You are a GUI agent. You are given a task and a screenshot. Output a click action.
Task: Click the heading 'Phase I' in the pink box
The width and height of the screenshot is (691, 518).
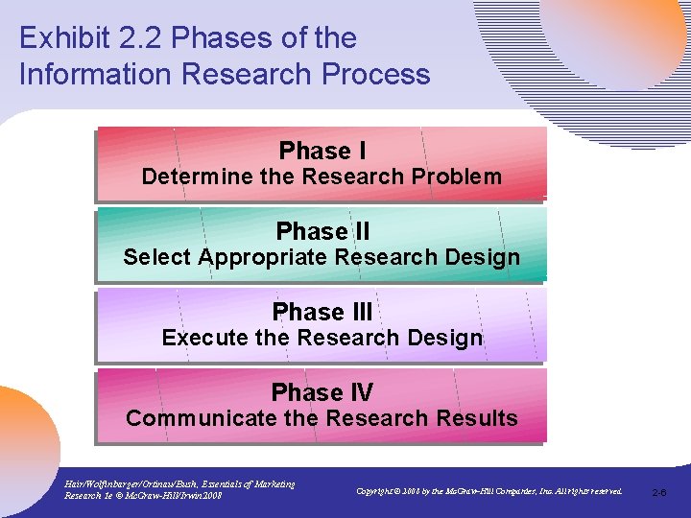click(322, 152)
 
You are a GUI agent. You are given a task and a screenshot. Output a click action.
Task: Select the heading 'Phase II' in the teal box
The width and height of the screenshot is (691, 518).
click(322, 232)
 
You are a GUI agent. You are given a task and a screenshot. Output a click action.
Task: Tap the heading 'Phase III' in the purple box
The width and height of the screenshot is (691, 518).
click(322, 313)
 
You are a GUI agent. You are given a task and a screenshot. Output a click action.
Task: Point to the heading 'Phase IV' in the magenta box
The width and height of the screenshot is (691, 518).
click(322, 393)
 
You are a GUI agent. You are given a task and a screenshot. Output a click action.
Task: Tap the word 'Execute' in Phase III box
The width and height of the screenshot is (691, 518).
click(199, 338)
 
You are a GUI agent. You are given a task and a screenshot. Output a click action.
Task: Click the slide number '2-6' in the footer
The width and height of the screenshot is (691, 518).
click(659, 492)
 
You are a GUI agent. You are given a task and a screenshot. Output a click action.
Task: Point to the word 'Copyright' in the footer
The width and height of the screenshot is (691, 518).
click(377, 491)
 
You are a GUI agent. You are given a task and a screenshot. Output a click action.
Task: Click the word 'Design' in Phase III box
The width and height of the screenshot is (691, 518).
click(443, 338)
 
